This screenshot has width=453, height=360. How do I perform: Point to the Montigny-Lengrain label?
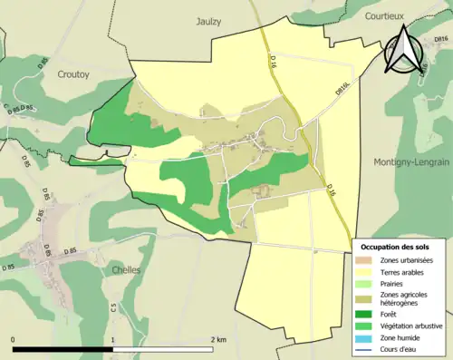[410, 161]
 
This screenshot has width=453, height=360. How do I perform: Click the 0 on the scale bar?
[14, 339]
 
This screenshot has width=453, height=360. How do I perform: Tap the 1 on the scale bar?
[112, 339]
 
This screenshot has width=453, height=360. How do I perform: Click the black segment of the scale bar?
[63, 349]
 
